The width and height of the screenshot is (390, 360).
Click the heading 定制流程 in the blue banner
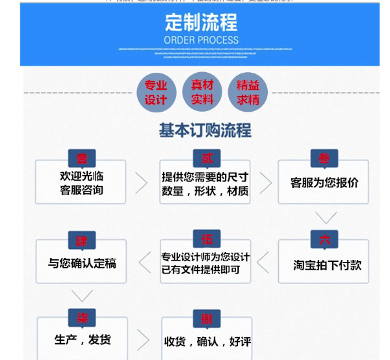[x=201, y=24]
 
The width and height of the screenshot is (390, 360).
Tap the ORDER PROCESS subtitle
[x=201, y=40]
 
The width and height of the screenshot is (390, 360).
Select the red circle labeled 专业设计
[x=156, y=92]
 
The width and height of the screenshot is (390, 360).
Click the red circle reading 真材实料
[x=202, y=92]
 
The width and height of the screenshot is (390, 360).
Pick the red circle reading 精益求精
[x=248, y=92]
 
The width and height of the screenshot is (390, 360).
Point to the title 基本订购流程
[x=205, y=131]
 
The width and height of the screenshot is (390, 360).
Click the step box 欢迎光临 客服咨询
[x=81, y=183]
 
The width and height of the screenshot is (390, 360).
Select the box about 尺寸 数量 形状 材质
[x=205, y=184]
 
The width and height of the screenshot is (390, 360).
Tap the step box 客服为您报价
[x=324, y=183]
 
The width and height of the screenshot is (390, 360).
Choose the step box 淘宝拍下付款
[x=324, y=264]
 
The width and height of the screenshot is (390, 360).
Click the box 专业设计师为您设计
[x=205, y=263]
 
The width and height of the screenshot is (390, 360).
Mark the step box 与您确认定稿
[x=81, y=263]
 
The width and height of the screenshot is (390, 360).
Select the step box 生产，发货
[x=82, y=339]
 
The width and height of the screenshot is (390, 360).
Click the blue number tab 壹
[x=82, y=159]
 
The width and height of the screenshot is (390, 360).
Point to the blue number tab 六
[x=324, y=239]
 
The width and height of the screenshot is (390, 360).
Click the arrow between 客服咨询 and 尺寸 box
[x=142, y=183]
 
